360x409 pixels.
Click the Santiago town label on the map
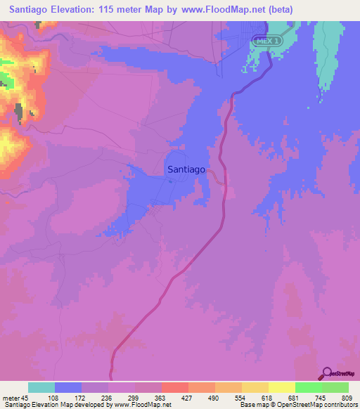186,169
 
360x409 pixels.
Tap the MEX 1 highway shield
265,41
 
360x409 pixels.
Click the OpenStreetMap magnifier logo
326,374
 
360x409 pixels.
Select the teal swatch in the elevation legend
41,387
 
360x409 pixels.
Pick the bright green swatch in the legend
309,387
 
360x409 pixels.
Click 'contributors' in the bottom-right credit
340,405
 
